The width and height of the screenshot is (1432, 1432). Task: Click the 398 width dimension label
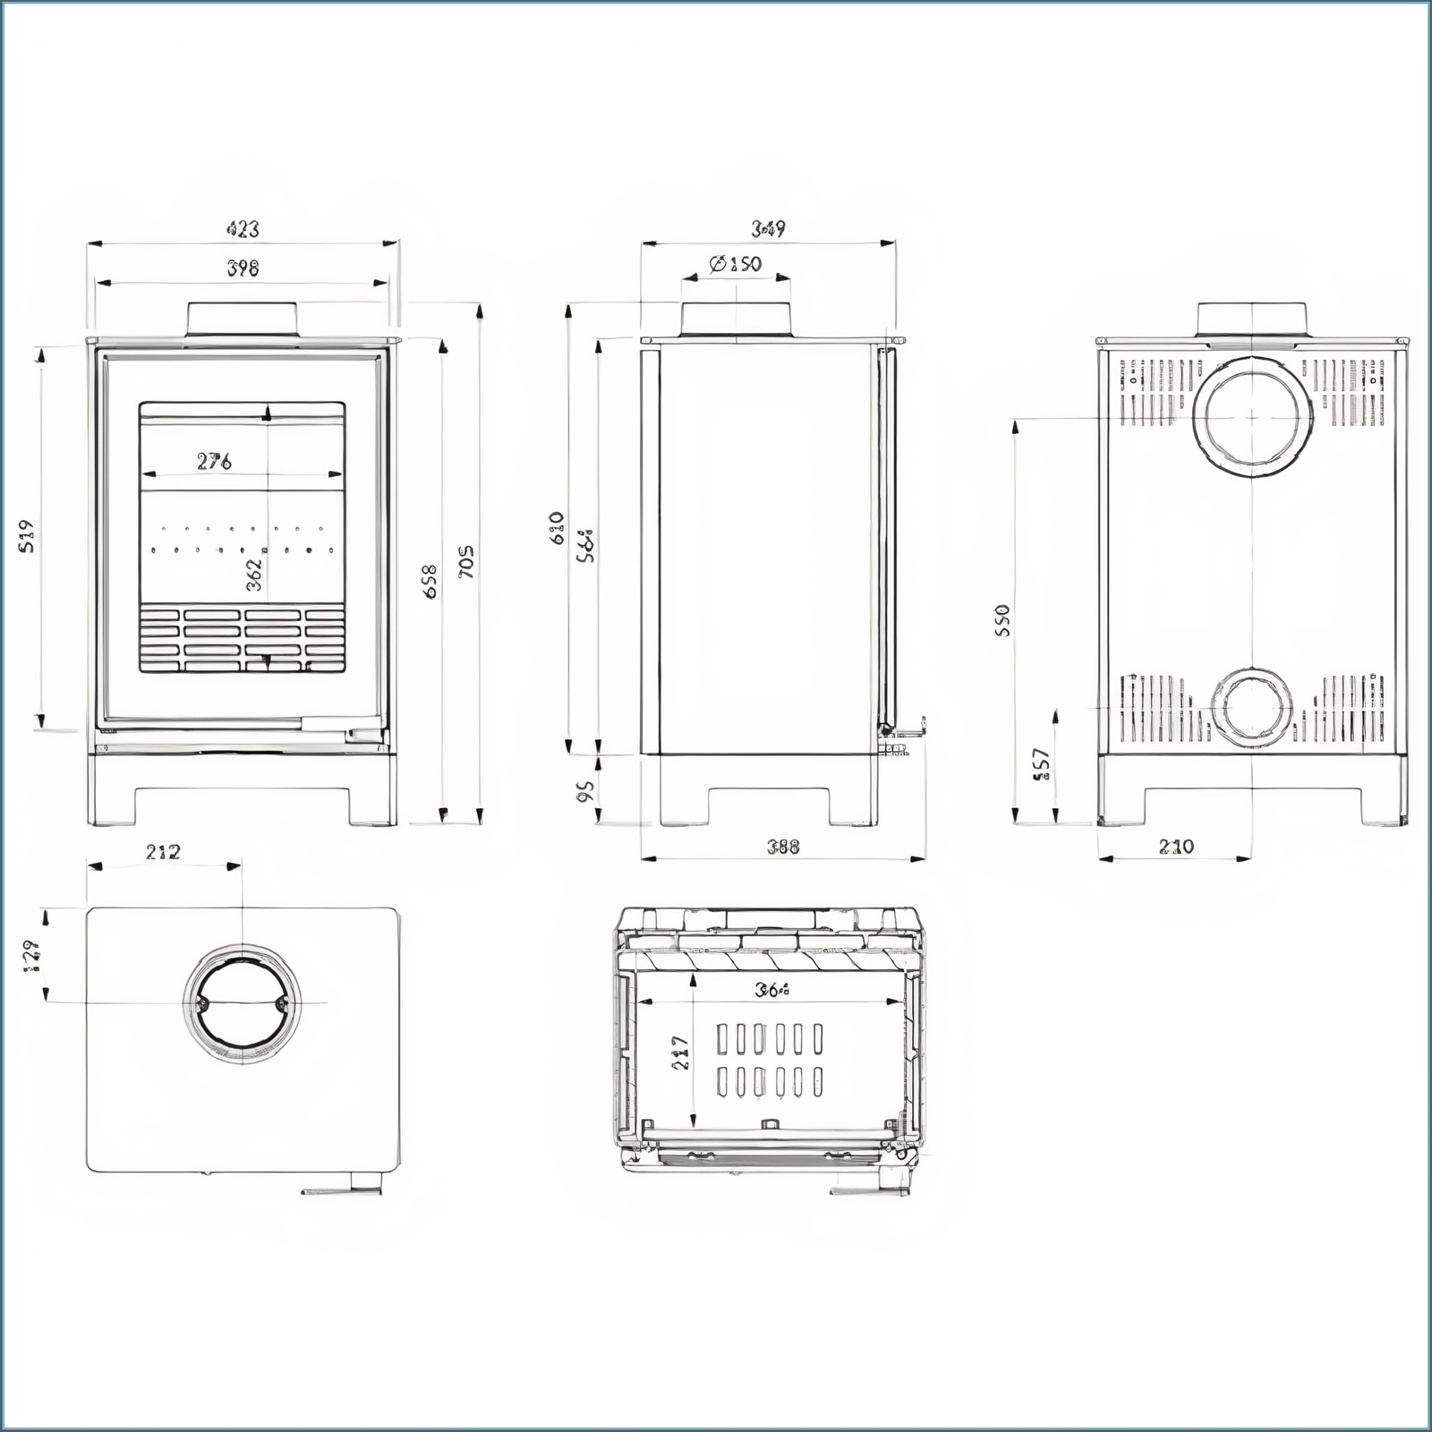point(243,268)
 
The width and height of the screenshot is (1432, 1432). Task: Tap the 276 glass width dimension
point(215,461)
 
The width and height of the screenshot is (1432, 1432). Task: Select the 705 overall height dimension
point(466,561)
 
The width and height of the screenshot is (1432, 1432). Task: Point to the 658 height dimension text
point(430,581)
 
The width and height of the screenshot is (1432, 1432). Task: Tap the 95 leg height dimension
point(585,790)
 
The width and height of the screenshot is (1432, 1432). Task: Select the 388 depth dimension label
point(783,846)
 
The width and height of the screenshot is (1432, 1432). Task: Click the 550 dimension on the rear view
point(1002,620)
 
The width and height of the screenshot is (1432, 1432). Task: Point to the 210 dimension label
point(1176,846)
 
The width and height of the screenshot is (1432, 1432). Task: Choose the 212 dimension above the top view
point(163,851)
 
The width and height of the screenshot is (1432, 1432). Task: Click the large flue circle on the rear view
point(1251,417)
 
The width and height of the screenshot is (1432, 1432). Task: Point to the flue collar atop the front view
point(242,320)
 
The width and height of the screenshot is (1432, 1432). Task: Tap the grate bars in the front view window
point(243,638)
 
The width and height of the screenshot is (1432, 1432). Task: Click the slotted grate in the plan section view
point(769,1061)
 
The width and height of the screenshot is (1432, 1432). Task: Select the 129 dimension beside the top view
point(29,956)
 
